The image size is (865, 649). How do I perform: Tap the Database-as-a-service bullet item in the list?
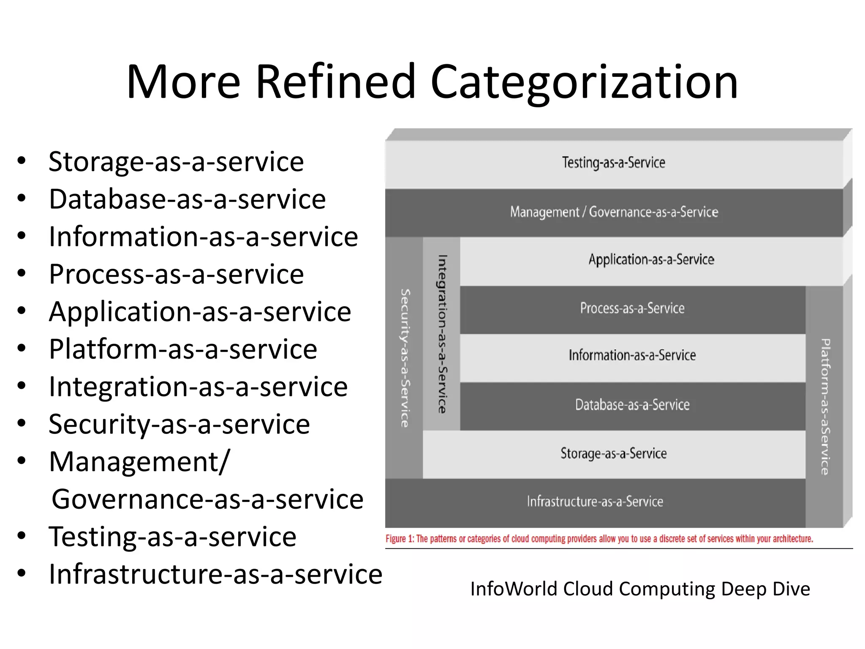coord(187,199)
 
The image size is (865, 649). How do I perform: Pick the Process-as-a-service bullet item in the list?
coord(176,274)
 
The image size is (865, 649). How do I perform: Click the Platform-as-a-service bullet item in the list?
coord(183,349)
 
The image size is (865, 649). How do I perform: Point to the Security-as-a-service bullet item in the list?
coord(179,424)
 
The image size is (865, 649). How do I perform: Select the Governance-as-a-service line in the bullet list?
coord(207,499)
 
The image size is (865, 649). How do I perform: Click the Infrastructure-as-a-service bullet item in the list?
coord(215,574)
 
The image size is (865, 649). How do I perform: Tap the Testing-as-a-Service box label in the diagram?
coord(613,163)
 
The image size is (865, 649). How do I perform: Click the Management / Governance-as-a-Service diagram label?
coord(614,212)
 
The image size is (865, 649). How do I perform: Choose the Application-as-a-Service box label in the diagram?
coord(651,259)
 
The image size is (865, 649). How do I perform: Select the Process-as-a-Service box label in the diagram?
coord(632,308)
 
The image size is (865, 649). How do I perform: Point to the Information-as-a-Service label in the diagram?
coord(632,355)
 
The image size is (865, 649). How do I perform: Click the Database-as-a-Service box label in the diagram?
coord(632,405)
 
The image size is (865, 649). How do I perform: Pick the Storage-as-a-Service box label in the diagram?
coord(613,453)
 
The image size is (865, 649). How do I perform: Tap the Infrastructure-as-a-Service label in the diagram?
coord(595,502)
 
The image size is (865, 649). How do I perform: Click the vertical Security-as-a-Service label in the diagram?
coord(405,358)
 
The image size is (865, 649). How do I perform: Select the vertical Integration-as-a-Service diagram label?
coord(442,334)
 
